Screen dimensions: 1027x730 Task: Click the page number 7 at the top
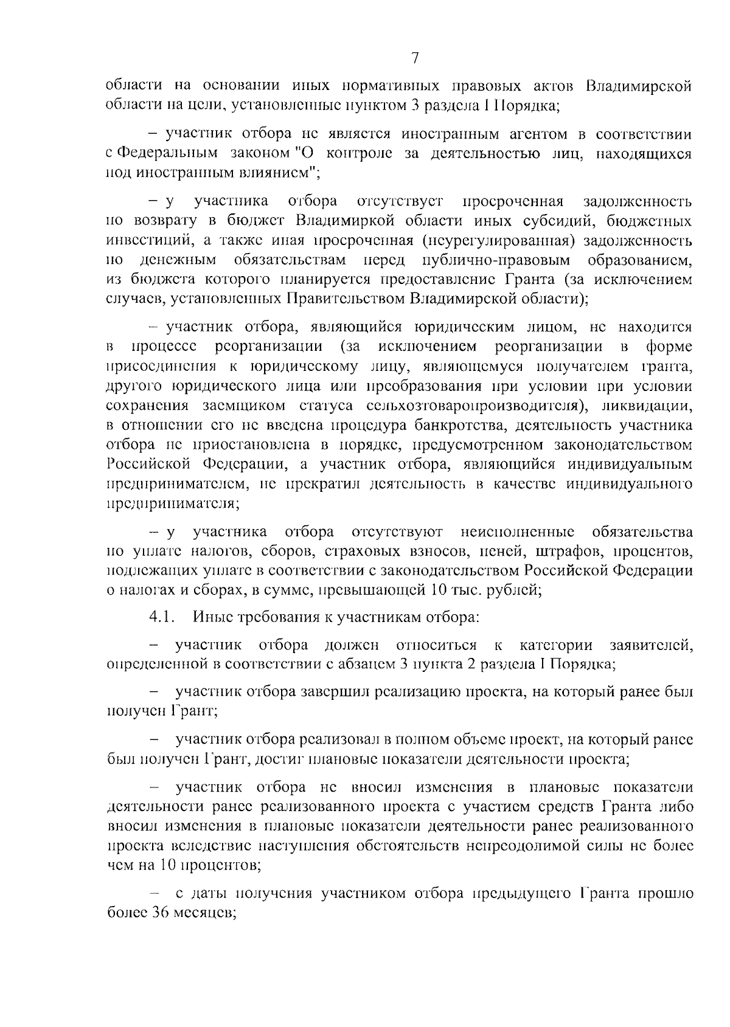coord(415,58)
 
